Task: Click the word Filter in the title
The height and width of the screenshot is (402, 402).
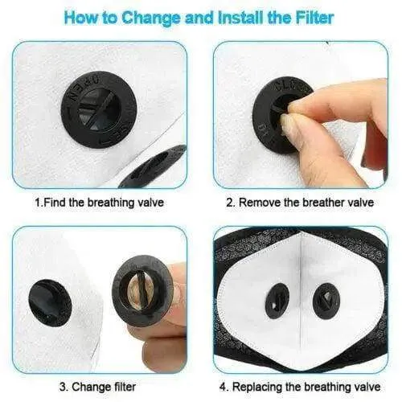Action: pyautogui.click(x=314, y=17)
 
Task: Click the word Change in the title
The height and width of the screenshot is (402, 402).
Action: pyautogui.click(x=151, y=18)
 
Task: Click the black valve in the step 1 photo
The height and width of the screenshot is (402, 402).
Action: pyautogui.click(x=99, y=109)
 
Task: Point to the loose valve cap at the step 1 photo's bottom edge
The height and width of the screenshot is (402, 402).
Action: pyautogui.click(x=153, y=166)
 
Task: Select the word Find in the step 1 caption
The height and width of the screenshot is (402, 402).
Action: pyautogui.click(x=55, y=202)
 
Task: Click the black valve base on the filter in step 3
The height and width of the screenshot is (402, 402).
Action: pyautogui.click(x=50, y=303)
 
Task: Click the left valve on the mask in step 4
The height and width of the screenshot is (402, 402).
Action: pyautogui.click(x=277, y=300)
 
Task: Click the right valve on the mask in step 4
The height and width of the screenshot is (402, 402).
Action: pyautogui.click(x=326, y=300)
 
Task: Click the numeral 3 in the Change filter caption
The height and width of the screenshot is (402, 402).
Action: pyautogui.click(x=63, y=387)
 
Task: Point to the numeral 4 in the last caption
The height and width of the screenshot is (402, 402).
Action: pyautogui.click(x=223, y=387)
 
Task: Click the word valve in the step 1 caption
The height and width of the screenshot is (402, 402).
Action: pyautogui.click(x=150, y=202)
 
